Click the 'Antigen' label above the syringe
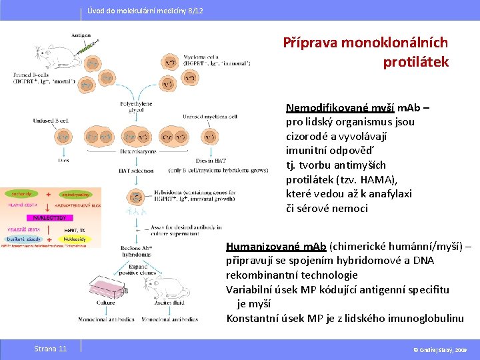81,34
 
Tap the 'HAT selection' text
135,171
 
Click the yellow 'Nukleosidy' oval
75,239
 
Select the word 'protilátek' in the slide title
416,62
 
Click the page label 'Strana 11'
50,349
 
